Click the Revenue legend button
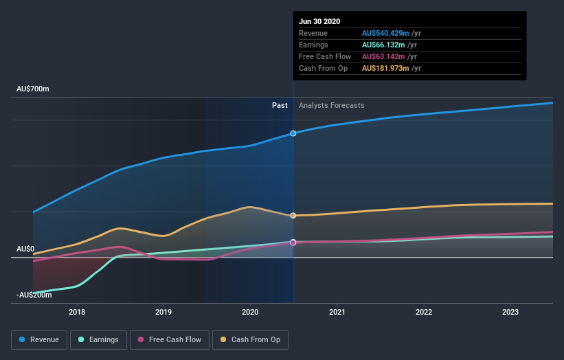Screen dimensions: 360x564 point(39,339)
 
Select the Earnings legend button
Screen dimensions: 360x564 point(98,339)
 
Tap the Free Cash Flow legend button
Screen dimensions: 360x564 point(169,339)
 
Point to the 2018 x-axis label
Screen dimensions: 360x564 point(77,312)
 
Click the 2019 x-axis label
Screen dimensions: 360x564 point(163,312)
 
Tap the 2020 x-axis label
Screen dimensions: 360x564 point(250,312)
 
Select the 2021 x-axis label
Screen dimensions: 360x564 point(337,312)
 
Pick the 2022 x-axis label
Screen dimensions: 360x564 point(424,312)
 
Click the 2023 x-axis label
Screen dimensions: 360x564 point(510,312)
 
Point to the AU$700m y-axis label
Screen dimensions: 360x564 point(33,89)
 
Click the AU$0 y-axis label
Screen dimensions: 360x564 point(25,249)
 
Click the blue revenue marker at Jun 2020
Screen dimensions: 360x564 point(293,133)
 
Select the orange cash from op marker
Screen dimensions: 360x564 point(293,216)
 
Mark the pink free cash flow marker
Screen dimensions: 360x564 point(293,243)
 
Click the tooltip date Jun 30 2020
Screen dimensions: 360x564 point(319,21)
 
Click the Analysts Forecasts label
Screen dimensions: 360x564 point(332,105)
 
